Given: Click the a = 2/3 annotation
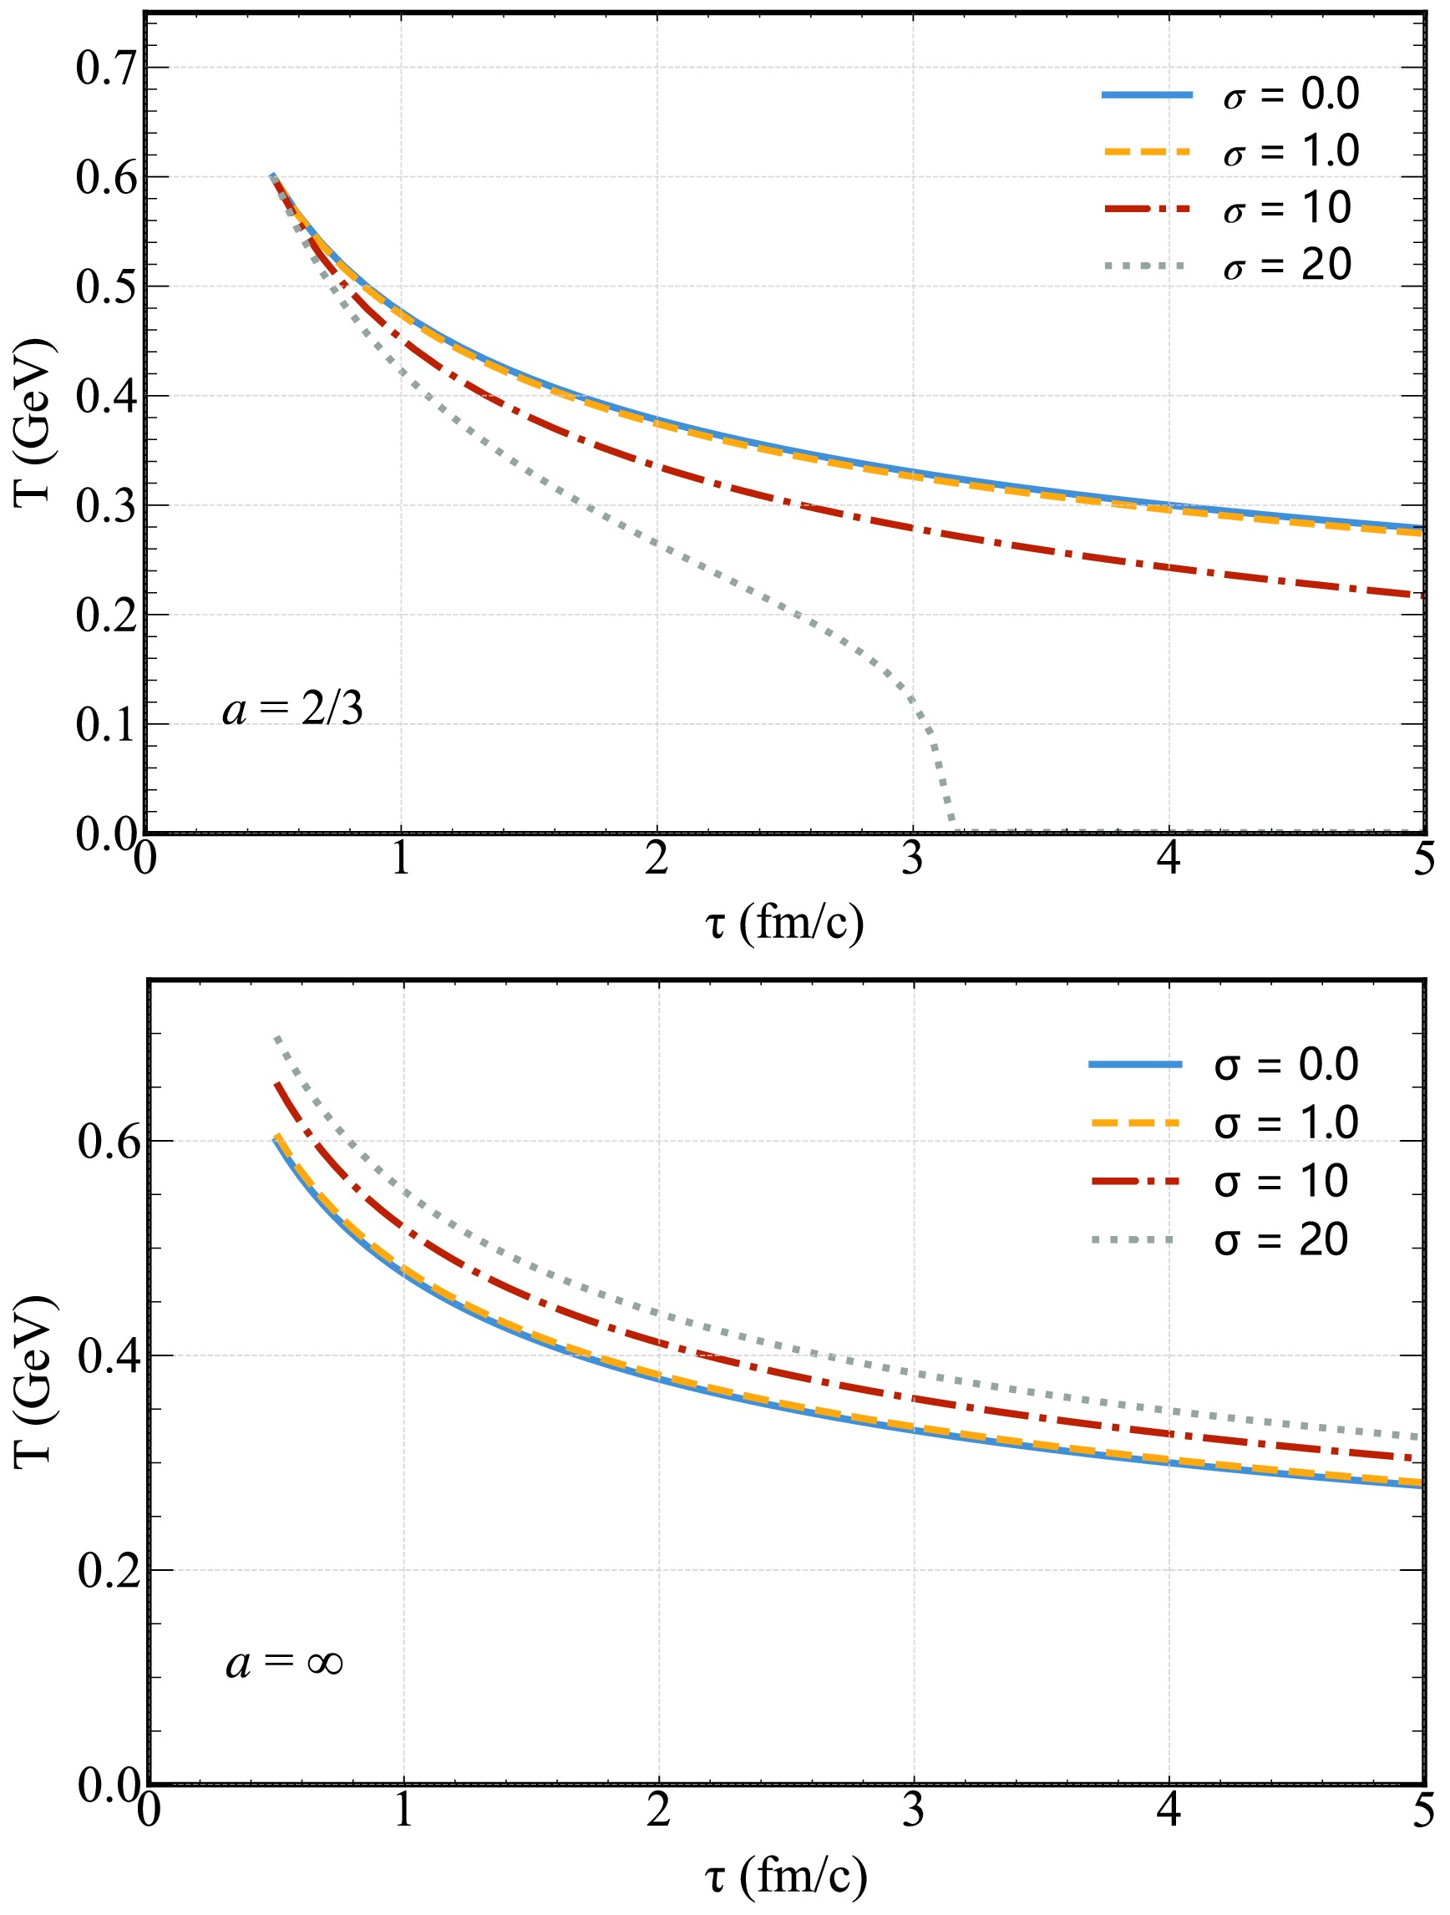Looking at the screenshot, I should click(x=292, y=709).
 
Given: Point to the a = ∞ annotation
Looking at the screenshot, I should click(x=284, y=1663).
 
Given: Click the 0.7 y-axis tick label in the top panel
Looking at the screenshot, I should click(x=106, y=68).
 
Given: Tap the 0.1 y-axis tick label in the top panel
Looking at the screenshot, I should click(x=106, y=725).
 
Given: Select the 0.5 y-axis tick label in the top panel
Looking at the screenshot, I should click(x=106, y=286).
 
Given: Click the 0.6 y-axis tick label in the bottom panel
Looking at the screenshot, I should click(x=109, y=1142).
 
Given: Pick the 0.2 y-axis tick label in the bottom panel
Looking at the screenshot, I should click(x=109, y=1569).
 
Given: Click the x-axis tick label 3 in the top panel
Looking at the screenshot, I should click(x=912, y=859).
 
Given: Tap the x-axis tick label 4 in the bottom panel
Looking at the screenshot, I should click(x=1169, y=1810).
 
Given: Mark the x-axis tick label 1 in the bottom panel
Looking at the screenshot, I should click(x=403, y=1810).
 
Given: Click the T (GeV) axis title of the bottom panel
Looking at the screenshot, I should click(x=34, y=1381).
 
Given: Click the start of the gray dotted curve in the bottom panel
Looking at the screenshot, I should click(x=277, y=1037).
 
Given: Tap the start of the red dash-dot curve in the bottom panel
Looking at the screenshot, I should click(x=277, y=1084).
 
